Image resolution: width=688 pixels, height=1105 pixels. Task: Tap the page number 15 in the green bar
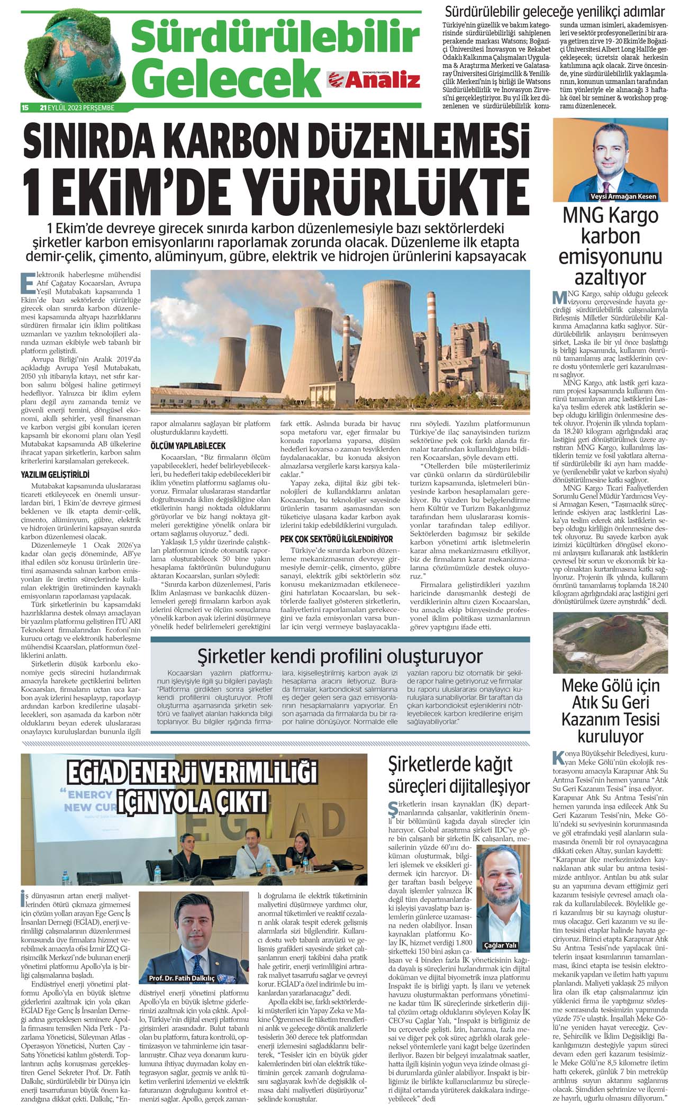pos(24,107)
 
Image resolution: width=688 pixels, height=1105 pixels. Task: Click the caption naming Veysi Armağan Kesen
pos(622,196)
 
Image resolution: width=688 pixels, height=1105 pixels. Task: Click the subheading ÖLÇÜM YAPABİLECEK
pos(188,446)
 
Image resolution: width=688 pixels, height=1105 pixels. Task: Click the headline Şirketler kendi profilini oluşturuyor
pos(340,656)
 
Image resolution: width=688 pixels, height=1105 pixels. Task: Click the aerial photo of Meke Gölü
pos(610,643)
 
